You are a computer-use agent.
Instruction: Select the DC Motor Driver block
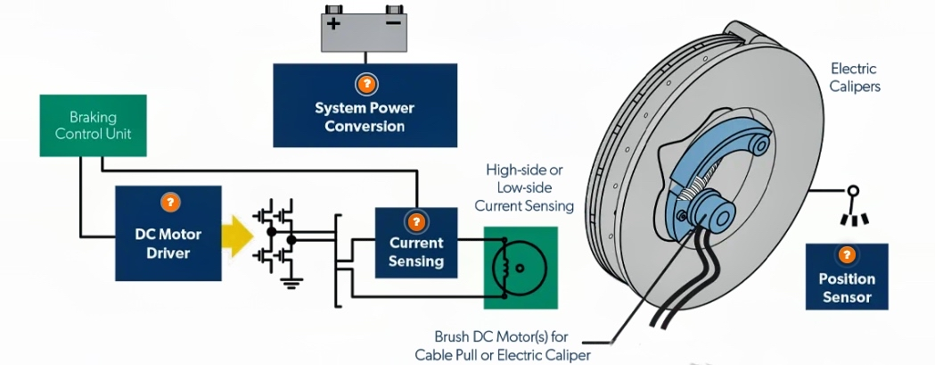(x=168, y=233)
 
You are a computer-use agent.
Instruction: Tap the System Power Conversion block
(x=365, y=104)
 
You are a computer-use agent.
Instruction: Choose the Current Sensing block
(x=416, y=242)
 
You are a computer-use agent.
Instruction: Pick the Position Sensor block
(x=847, y=277)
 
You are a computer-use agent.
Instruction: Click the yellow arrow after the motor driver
(x=234, y=237)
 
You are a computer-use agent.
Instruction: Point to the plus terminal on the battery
(x=333, y=22)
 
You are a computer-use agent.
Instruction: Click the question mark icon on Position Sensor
(x=847, y=256)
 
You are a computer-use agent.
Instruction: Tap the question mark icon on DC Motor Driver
(x=168, y=202)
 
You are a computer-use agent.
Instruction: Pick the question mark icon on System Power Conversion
(x=365, y=85)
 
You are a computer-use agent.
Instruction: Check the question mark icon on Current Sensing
(x=416, y=221)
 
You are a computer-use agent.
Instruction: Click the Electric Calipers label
(x=854, y=78)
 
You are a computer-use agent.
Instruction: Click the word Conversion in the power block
(x=365, y=126)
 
